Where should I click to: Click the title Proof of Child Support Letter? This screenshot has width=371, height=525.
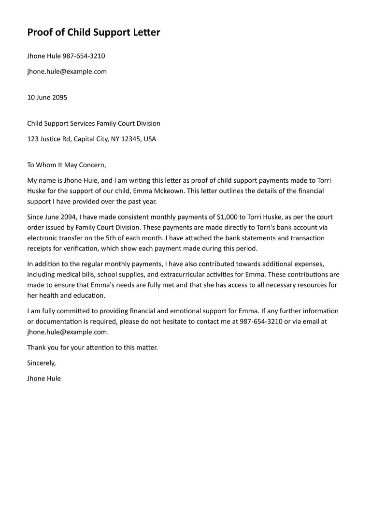93,32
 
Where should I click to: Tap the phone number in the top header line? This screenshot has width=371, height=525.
84,56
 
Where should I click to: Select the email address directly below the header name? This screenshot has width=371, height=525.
67,72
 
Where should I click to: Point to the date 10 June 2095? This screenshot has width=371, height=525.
47,97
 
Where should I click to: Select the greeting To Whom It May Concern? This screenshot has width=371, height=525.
66,165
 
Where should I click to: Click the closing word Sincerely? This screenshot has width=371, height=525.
42,363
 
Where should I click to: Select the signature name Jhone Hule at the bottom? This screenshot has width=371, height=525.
44,379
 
